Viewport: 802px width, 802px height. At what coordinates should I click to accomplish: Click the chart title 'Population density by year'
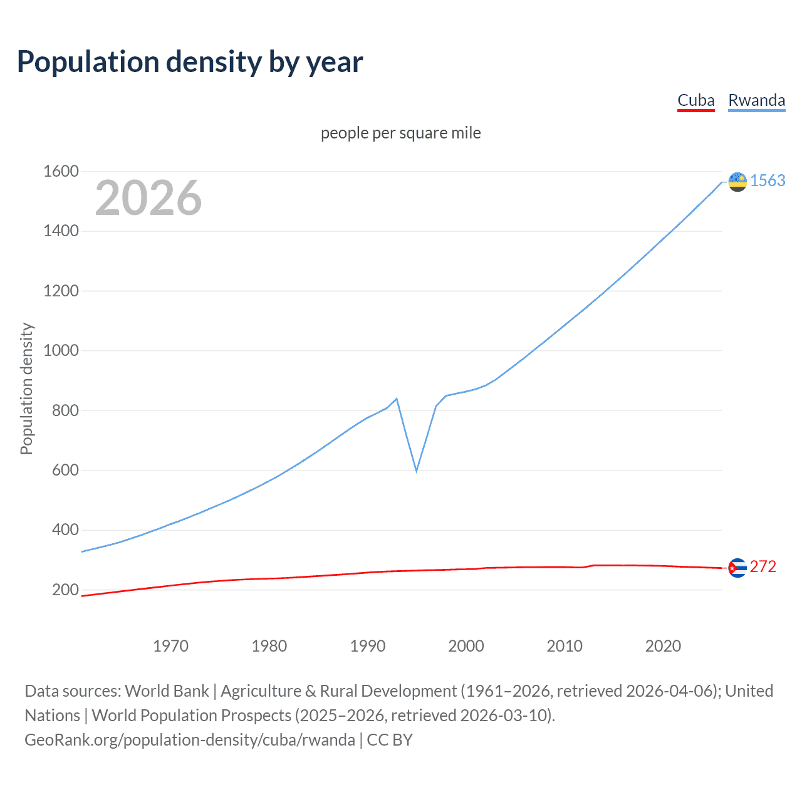point(190,62)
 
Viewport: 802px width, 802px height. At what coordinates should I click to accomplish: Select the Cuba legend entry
point(695,101)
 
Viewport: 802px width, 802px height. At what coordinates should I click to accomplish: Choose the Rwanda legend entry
point(756,101)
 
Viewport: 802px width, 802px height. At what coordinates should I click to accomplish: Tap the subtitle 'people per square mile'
point(400,133)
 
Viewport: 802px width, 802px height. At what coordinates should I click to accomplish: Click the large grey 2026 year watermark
point(148,198)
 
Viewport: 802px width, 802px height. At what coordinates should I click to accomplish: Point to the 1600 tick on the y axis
point(61,171)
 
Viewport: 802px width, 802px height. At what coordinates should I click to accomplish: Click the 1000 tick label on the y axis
point(61,350)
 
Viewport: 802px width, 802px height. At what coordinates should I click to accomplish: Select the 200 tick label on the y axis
point(65,590)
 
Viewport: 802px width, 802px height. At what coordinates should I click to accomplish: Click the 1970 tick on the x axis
point(170,646)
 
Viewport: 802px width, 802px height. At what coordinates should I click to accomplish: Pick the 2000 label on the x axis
point(466,646)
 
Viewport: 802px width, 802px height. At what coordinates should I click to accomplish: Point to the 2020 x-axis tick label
point(663,646)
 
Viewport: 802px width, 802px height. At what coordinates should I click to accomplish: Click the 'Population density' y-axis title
point(26,388)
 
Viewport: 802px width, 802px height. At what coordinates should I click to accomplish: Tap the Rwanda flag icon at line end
point(737,182)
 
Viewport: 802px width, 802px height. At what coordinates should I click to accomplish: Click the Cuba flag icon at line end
point(737,568)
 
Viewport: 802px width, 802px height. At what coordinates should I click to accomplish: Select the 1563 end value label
point(768,181)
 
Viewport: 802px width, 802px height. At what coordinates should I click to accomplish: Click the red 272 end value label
point(763,567)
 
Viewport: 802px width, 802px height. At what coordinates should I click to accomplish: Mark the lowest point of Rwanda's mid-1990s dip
point(416,471)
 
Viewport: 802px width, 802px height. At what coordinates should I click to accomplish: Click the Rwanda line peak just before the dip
point(397,398)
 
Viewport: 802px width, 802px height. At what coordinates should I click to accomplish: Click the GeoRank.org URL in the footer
point(190,740)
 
